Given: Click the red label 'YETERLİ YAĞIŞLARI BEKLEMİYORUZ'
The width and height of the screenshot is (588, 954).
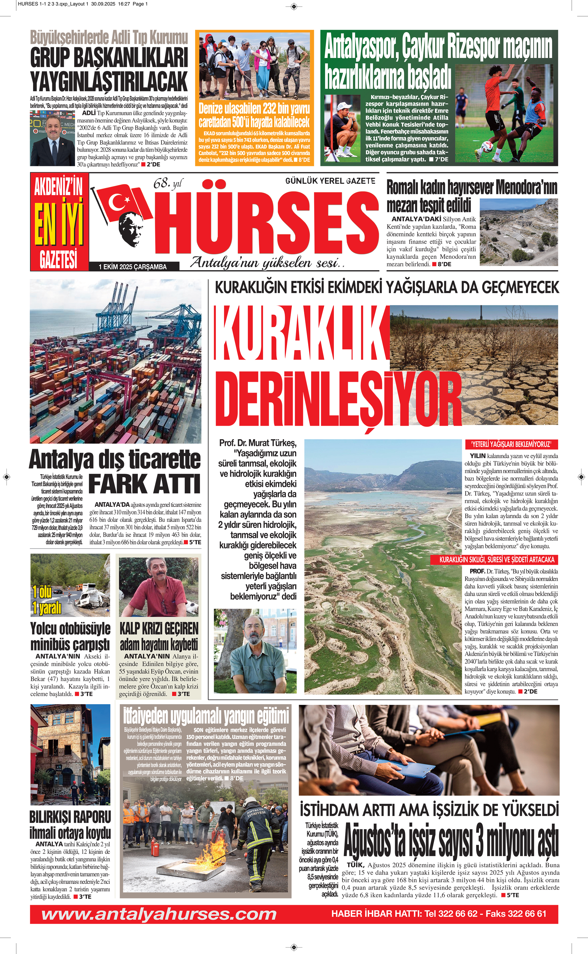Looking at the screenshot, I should pos(511,444).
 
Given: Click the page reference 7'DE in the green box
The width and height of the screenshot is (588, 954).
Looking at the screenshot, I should pos(441,159).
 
